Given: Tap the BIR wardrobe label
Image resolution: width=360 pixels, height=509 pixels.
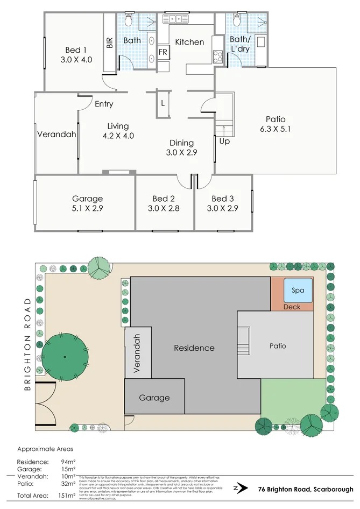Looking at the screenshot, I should pyautogui.click(x=110, y=44).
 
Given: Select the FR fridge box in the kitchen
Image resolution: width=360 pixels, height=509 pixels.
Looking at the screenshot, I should pyautogui.click(x=163, y=53).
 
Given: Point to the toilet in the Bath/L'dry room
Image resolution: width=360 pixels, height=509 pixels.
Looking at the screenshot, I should pyautogui.click(x=236, y=21).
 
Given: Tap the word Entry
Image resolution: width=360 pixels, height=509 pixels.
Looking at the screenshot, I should pyautogui.click(x=104, y=104).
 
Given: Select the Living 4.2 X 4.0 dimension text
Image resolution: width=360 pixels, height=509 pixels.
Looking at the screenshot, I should pyautogui.click(x=118, y=136).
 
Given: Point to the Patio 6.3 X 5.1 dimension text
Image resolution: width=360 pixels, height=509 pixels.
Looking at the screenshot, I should pyautogui.click(x=276, y=129).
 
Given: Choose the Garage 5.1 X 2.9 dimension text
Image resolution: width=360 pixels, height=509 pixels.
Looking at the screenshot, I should pyautogui.click(x=87, y=208).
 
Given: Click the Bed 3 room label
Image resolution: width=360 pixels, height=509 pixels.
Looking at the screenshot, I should pyautogui.click(x=223, y=199).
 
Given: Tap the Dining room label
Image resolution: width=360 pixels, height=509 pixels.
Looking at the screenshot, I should pyautogui.click(x=181, y=143).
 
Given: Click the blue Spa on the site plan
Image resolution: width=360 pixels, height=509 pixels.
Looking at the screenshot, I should pyautogui.click(x=298, y=291).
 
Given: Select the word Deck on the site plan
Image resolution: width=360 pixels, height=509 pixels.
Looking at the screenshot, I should pyautogui.click(x=292, y=307).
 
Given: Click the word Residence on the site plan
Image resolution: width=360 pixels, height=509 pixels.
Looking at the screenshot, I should pyautogui.click(x=194, y=348).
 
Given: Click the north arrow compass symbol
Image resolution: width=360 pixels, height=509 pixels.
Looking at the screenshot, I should pyautogui.click(x=237, y=489).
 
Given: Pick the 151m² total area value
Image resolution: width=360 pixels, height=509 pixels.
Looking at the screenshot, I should pyautogui.click(x=66, y=496).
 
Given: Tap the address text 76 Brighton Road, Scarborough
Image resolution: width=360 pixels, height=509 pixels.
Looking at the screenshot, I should pyautogui.click(x=305, y=489).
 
